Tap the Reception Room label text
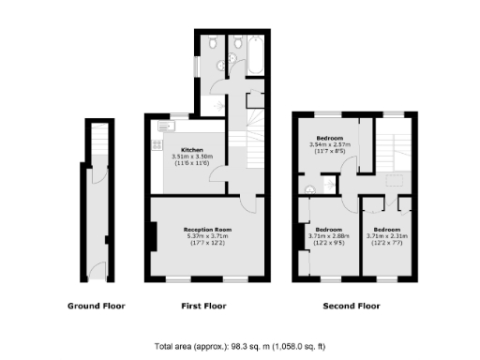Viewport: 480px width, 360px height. [x=206, y=230]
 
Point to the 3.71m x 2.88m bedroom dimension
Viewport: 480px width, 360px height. [x=329, y=236]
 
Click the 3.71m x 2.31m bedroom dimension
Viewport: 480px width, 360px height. [x=387, y=236]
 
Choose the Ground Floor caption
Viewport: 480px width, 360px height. [x=97, y=306]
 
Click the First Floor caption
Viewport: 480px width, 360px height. [x=203, y=306]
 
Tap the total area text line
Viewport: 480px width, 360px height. [x=240, y=345]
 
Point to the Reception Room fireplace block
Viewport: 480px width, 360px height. [x=151, y=235]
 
